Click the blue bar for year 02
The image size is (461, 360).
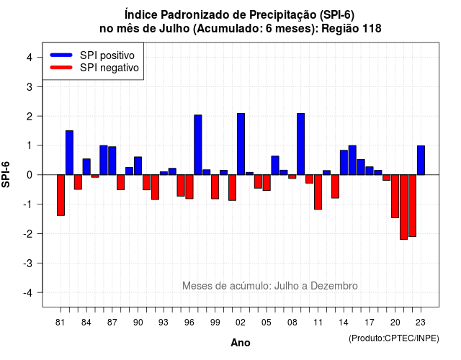tap(241, 144)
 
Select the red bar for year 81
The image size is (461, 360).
tap(61, 195)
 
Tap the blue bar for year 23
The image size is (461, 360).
tap(421, 160)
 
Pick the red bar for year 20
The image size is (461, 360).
tap(395, 197)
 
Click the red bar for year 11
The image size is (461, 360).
tap(318, 192)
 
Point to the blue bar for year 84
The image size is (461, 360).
tap(86, 166)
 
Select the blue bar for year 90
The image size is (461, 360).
tap(138, 166)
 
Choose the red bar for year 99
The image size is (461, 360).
tap(215, 187)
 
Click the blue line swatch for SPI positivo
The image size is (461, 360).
tap(61, 55)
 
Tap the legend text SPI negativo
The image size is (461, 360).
tap(109, 68)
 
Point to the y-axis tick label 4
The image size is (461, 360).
tap(30, 58)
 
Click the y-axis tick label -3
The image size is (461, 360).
tap(28, 264)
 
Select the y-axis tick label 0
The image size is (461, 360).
tap(30, 175)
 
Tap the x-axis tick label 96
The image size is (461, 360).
tap(189, 323)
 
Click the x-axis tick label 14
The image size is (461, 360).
tap(344, 323)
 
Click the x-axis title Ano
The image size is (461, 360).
tap(241, 343)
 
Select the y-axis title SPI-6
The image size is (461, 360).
tap(6, 174)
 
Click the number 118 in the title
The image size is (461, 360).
tap(372, 29)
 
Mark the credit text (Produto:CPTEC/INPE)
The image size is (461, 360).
tap(394, 338)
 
